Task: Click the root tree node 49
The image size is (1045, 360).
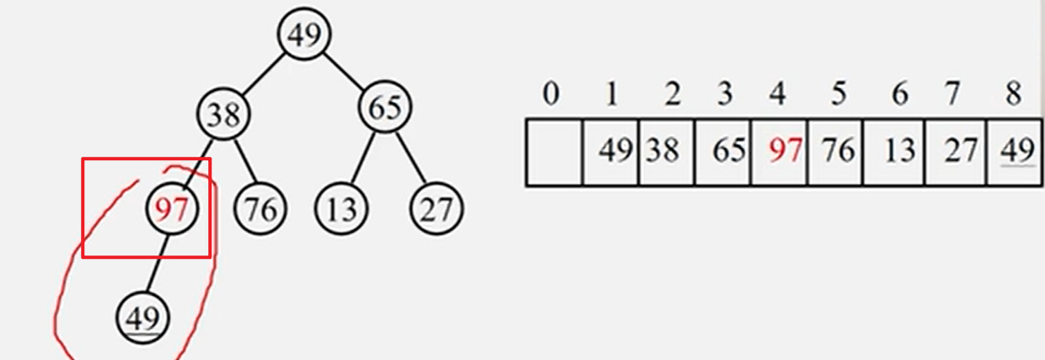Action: click(x=303, y=35)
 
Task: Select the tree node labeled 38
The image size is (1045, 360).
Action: click(x=224, y=115)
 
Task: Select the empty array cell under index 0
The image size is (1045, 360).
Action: click(x=554, y=152)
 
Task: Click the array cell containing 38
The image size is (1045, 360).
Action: click(x=666, y=152)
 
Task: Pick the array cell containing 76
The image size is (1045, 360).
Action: click(x=835, y=152)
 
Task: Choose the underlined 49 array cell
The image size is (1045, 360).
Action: click(x=1015, y=152)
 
